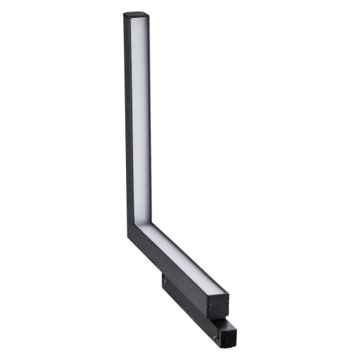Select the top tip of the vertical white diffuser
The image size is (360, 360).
tap(138, 20)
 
